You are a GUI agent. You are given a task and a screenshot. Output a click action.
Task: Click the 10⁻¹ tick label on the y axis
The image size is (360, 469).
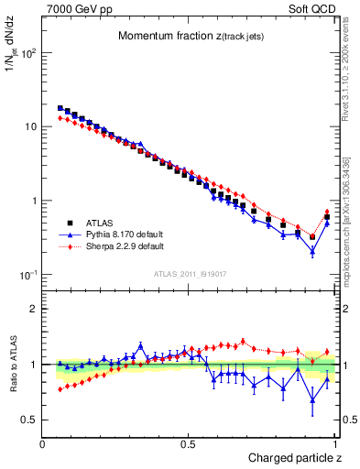click(x=28, y=275)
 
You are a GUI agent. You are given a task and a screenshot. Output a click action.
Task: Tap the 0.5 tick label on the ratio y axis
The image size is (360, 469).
click(x=30, y=420)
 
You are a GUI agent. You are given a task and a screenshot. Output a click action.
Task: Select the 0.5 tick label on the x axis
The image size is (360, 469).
click(x=188, y=444)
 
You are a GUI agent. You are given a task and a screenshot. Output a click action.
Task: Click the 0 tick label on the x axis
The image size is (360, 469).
click(x=43, y=444)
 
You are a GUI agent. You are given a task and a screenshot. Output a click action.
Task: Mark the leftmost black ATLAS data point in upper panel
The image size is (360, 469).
click(x=60, y=108)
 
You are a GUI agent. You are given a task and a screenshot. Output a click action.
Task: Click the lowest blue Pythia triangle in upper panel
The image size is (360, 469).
click(x=312, y=251)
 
